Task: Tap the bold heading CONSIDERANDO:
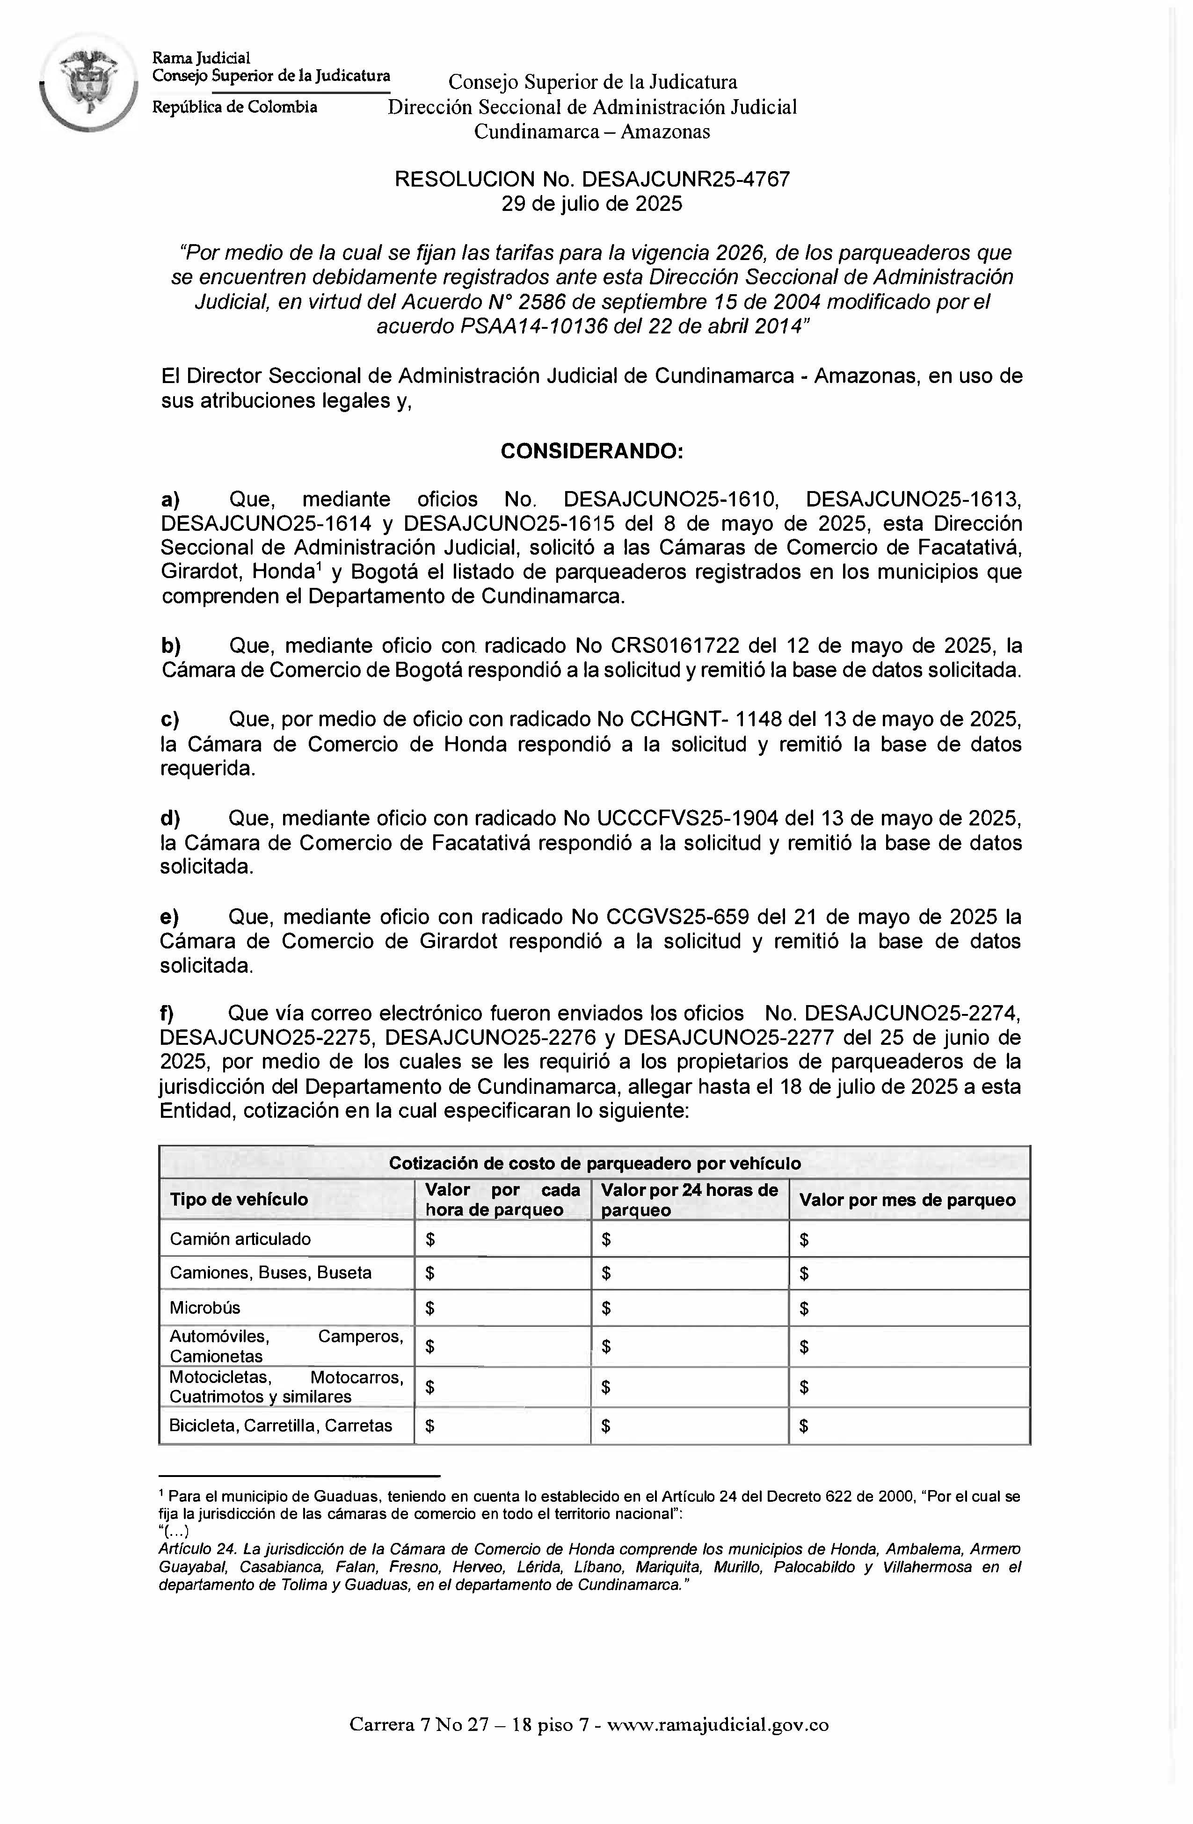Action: [x=591, y=451]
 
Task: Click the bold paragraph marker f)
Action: [x=167, y=1013]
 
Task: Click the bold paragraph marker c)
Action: [x=169, y=720]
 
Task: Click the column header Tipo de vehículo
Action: [x=239, y=1199]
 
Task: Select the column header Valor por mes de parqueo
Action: [x=907, y=1199]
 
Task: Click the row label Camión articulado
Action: [x=240, y=1239]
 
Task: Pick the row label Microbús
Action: [x=205, y=1308]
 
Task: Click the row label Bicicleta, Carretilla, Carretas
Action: [x=281, y=1426]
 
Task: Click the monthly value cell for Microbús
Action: [x=909, y=1308]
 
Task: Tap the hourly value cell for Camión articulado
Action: [x=502, y=1239]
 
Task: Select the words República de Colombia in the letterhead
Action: [x=234, y=107]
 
